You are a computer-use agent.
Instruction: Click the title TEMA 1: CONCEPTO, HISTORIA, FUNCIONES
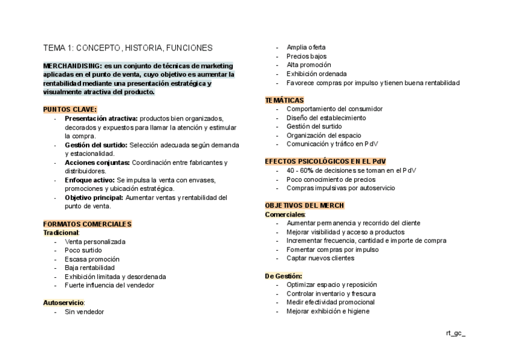pos(127,47)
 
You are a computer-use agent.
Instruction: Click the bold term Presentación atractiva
pos(97,118)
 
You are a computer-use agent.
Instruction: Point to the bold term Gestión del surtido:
pos(96,145)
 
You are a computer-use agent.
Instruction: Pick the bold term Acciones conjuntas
pos(97,163)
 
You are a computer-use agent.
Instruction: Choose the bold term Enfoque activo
pos(90,180)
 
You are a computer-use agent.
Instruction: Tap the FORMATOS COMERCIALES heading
pos(87,224)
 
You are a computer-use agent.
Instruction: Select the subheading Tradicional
pos(61,232)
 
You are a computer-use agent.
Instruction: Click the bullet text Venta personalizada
pos(95,241)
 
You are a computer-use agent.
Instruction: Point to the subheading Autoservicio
pos(63,303)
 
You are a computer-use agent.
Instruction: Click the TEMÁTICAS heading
pos(285,100)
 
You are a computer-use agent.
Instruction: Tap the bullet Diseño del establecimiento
pos(326,118)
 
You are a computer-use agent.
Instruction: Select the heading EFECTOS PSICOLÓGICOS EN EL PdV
pos(325,162)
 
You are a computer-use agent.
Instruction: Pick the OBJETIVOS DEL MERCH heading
pos(304,205)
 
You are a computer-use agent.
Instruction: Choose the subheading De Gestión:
pos(283,276)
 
